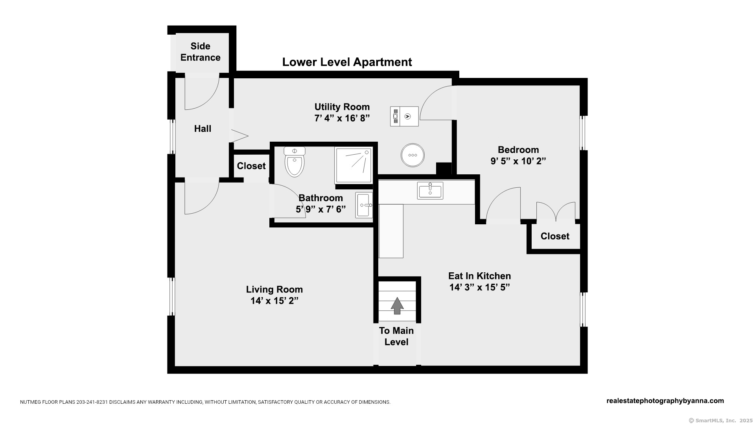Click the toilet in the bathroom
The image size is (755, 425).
(x=295, y=162)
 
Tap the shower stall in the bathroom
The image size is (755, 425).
(x=353, y=165)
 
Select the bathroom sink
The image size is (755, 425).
(x=364, y=205)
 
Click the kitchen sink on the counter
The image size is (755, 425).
(x=430, y=190)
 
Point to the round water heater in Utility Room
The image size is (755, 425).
(x=412, y=155)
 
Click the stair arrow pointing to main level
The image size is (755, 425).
(x=397, y=305)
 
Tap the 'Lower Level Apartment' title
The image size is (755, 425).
(x=347, y=62)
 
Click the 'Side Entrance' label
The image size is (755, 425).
(x=200, y=52)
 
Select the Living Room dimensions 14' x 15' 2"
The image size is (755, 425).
(x=274, y=301)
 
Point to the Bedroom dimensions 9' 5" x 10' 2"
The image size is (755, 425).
(x=518, y=161)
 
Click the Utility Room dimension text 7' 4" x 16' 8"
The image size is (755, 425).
(x=342, y=118)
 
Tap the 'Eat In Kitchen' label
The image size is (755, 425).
(x=479, y=276)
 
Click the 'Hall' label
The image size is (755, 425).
(x=203, y=129)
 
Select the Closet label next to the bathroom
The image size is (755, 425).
(x=251, y=166)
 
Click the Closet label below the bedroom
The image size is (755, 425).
(x=554, y=236)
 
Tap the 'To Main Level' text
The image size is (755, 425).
(x=396, y=336)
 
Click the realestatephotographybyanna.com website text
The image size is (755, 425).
(x=665, y=401)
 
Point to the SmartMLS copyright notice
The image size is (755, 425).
(x=720, y=420)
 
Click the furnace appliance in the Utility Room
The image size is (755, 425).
(x=404, y=116)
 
